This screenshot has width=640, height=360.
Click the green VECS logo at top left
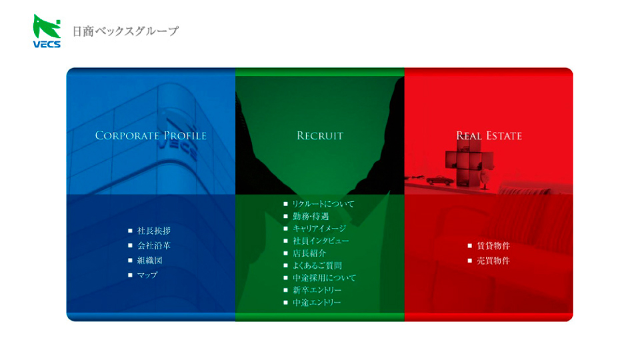[47, 31]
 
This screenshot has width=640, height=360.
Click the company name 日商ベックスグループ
[126, 31]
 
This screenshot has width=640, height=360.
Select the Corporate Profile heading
[151, 135]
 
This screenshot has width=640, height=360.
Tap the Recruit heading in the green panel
[320, 135]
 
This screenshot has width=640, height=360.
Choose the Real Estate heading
[489, 135]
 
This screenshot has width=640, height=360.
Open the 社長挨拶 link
[154, 231]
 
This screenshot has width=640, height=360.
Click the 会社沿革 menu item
[154, 245]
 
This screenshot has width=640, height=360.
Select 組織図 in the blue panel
[150, 260]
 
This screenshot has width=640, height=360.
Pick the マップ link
[147, 275]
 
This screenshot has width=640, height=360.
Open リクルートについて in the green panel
[323, 204]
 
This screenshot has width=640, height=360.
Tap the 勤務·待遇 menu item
[311, 216]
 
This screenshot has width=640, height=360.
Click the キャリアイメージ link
[319, 228]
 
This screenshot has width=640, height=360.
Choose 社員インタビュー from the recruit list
[321, 241]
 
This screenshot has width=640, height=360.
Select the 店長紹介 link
[309, 253]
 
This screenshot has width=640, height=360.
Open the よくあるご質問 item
[317, 265]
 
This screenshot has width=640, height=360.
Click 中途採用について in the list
[324, 277]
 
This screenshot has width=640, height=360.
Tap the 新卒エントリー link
[317, 290]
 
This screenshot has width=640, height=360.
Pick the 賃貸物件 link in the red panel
[493, 245]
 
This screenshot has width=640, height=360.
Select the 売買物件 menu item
[493, 261]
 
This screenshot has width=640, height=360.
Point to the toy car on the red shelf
[440, 180]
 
